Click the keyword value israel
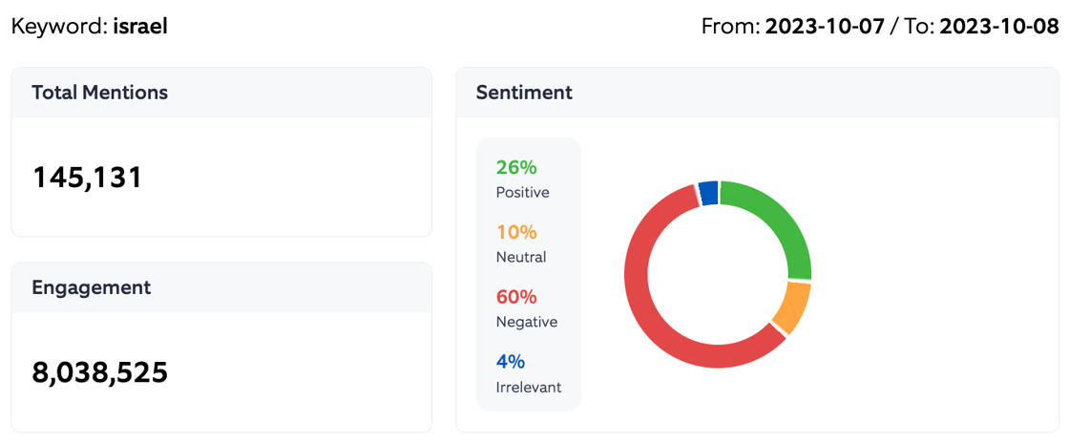pyautogui.click(x=140, y=26)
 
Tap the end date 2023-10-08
pyautogui.click(x=998, y=26)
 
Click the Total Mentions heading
pyautogui.click(x=99, y=93)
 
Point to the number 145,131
pyautogui.click(x=88, y=178)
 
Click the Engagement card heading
pyautogui.click(x=91, y=287)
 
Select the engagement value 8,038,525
pyautogui.click(x=100, y=372)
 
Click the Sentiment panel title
pyautogui.click(x=524, y=93)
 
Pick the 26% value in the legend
pyautogui.click(x=516, y=167)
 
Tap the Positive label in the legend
pyautogui.click(x=522, y=192)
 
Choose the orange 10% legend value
pyautogui.click(x=516, y=232)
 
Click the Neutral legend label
pyautogui.click(x=521, y=257)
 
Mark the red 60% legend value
pyautogui.click(x=516, y=297)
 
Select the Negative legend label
pyautogui.click(x=527, y=322)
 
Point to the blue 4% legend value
pyautogui.click(x=511, y=362)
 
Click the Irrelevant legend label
pyautogui.click(x=529, y=387)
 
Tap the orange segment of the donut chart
pyautogui.click(x=791, y=306)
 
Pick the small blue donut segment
pyautogui.click(x=708, y=193)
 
